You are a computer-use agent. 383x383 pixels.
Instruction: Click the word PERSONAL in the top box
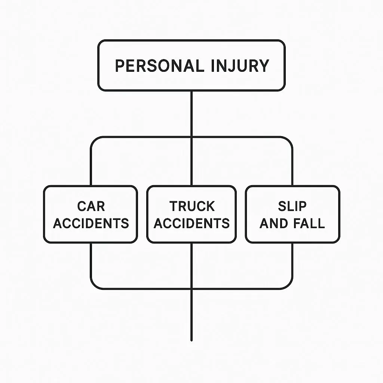pos(159,65)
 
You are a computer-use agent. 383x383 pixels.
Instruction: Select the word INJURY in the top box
pos(240,65)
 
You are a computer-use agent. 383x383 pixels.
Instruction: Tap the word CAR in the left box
pos(91,206)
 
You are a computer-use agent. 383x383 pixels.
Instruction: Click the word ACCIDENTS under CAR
pos(91,223)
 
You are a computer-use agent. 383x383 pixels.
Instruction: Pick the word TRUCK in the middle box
pos(192,206)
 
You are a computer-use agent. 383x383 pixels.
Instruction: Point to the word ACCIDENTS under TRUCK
pos(191,223)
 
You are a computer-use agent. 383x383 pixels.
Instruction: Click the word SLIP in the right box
pos(292,206)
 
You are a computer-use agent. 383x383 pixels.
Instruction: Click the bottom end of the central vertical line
pos(191,340)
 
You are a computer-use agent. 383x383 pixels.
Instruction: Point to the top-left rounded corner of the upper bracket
pos(94,140)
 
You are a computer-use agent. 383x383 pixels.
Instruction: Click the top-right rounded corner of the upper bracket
pos(289,140)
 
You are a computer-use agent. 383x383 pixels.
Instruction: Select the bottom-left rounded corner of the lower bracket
pos(94,285)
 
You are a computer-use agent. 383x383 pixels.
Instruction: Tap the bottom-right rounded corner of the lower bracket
pos(289,285)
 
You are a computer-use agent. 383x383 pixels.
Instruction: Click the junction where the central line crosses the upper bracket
pos(191,137)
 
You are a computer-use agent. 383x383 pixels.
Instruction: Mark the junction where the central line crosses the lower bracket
pos(191,288)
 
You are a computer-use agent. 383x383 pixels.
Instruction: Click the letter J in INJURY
pos(228,66)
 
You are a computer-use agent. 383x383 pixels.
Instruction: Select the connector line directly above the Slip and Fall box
pos(292,168)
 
